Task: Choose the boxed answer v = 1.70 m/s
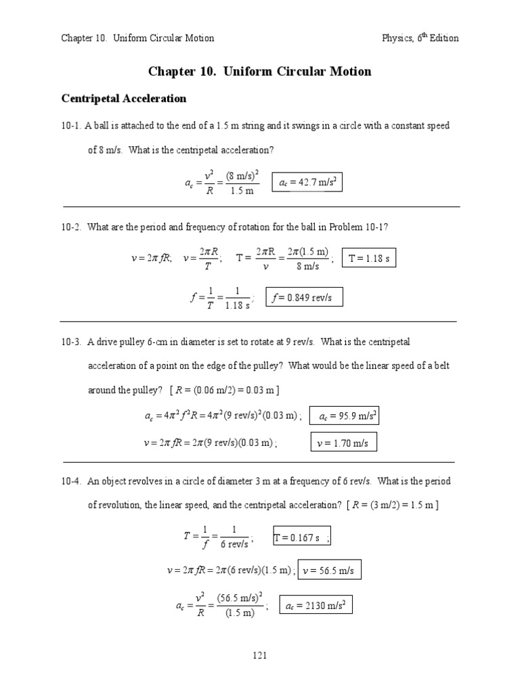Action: pos(343,443)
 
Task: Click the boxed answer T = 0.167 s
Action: pos(301,538)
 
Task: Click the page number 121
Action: pos(260,655)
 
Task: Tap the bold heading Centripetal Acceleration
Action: pos(124,99)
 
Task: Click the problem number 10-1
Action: pos(71,127)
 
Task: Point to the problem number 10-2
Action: pos(71,227)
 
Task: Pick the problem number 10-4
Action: pos(71,482)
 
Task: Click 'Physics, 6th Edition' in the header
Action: pos(420,38)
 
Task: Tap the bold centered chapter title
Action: pos(260,72)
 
